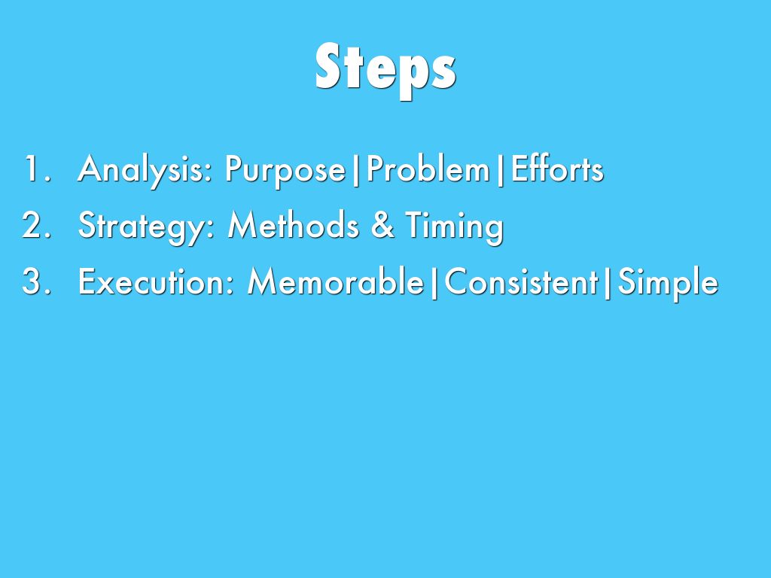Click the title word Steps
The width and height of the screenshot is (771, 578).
click(x=385, y=70)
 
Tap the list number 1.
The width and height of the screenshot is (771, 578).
click(x=37, y=169)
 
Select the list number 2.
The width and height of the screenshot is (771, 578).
click(x=36, y=225)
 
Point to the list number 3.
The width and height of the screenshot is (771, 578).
click(x=36, y=281)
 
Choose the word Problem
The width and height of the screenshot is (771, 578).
click(x=428, y=169)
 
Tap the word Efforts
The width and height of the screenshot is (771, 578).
click(x=556, y=169)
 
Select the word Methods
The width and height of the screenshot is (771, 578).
click(x=293, y=225)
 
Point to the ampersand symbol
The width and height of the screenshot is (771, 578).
click(x=382, y=225)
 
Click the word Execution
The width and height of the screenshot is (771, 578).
click(x=157, y=281)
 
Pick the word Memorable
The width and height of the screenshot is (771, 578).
click(x=336, y=281)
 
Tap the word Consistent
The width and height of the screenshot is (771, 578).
click(x=521, y=281)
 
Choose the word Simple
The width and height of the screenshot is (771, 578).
click(x=668, y=284)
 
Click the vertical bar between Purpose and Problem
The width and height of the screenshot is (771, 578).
click(x=356, y=170)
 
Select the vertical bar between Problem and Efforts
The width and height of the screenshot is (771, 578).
click(x=500, y=170)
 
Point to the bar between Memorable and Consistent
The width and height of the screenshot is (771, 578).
click(x=434, y=283)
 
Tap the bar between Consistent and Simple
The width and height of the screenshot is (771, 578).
click(x=608, y=283)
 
